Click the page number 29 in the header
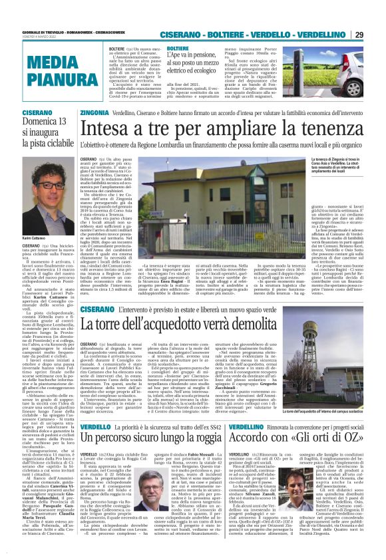377,35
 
